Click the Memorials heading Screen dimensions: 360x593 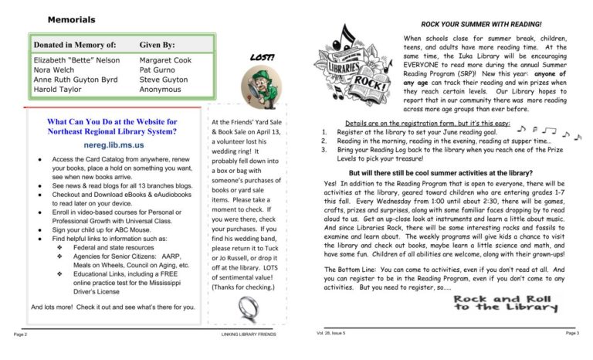tap(71, 19)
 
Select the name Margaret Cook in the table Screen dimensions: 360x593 tap(165, 59)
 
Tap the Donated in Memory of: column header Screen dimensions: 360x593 tap(75, 46)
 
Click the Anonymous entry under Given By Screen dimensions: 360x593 tap(161, 90)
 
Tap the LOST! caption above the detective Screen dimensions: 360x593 tap(259, 57)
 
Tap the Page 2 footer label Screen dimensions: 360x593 tap(20, 335)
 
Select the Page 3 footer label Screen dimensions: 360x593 tap(571, 332)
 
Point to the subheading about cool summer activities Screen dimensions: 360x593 tap(441, 173)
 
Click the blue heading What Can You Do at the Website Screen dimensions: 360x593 tap(112, 127)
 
